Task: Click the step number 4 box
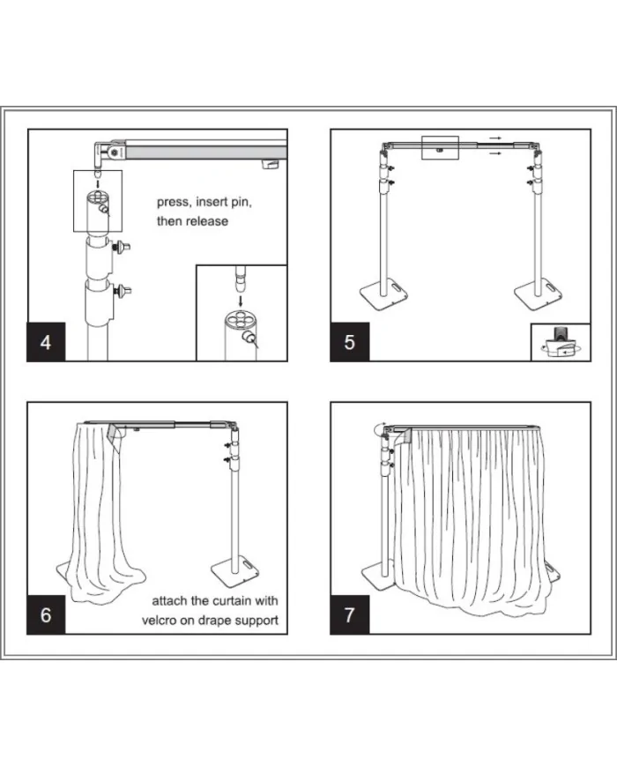(x=47, y=341)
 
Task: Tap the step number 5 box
(x=350, y=341)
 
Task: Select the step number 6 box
(x=47, y=614)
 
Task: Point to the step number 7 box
(x=350, y=614)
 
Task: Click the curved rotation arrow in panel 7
(x=380, y=429)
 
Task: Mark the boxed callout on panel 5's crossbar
(x=441, y=147)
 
